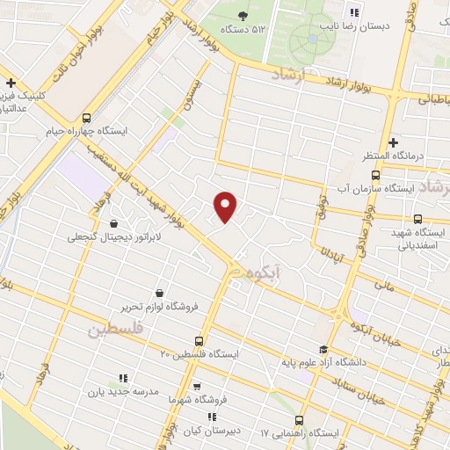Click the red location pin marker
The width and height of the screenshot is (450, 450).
(x=226, y=207)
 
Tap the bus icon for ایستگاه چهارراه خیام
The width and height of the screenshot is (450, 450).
(x=86, y=118)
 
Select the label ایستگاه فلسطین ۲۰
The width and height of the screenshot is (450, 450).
(x=200, y=353)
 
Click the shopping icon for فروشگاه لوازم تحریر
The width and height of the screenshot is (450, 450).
(x=159, y=293)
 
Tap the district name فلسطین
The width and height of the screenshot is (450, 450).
(x=115, y=330)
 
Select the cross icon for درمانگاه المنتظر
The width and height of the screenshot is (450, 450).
(x=393, y=142)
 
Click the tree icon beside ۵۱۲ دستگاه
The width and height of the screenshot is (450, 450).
(x=243, y=15)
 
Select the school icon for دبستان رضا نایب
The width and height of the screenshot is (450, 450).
(x=354, y=12)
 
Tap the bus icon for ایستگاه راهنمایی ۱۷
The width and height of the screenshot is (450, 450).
(x=300, y=420)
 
